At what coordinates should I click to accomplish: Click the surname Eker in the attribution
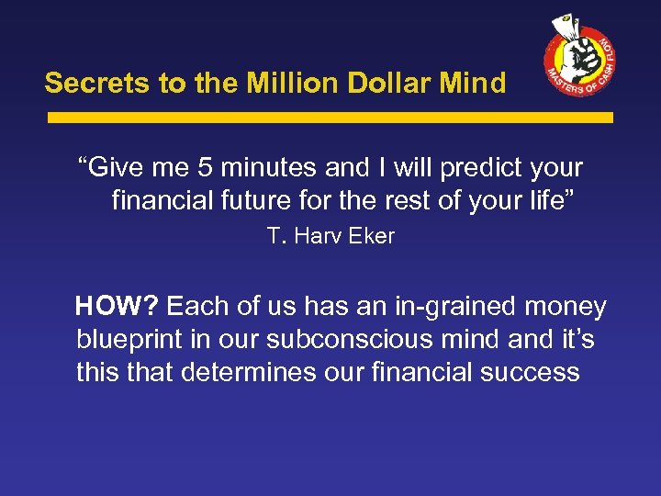[x=371, y=236]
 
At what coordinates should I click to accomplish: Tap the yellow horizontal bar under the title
[x=330, y=118]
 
